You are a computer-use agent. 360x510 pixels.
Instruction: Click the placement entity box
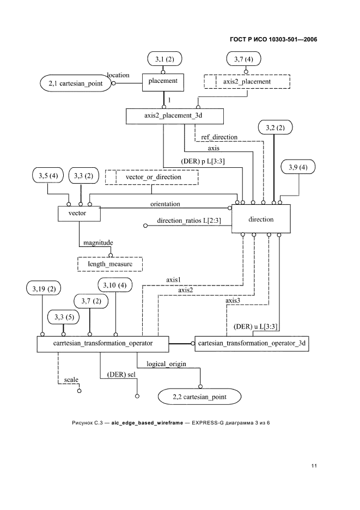coord(163,82)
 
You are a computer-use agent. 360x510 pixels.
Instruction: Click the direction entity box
coord(261,220)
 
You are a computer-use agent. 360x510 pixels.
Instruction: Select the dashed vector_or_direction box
coord(153,177)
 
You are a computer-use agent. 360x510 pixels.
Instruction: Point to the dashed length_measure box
coord(111,264)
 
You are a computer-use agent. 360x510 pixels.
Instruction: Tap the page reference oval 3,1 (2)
coord(164,58)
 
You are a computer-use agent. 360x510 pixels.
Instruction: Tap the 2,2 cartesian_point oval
coord(199,397)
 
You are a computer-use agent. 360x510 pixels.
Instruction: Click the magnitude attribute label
coord(97,243)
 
